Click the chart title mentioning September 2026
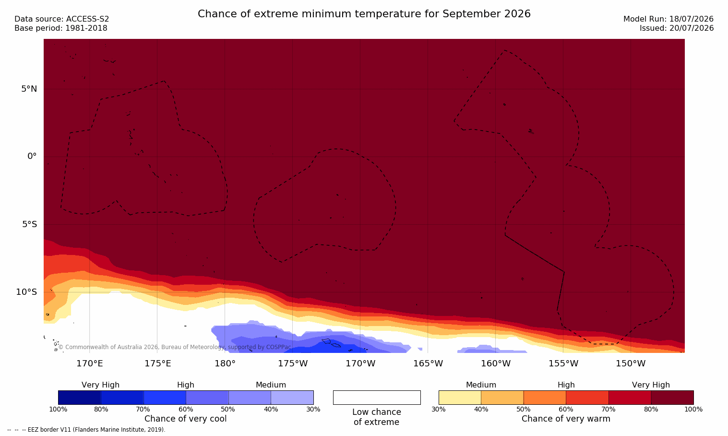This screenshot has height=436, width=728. click(x=364, y=14)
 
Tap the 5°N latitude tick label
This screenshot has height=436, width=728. click(x=29, y=89)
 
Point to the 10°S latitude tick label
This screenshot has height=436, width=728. click(x=27, y=292)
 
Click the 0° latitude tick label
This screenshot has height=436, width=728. click(x=32, y=157)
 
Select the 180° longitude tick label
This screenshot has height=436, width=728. click(x=225, y=363)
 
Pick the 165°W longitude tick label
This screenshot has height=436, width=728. click(x=428, y=363)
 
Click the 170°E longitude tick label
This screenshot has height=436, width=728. click(x=90, y=363)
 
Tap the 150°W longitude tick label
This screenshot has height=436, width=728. click(x=631, y=363)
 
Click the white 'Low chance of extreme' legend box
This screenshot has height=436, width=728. click(x=377, y=398)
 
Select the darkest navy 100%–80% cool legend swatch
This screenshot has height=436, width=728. click(x=80, y=398)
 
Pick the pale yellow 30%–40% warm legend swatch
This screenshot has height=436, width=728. click(x=460, y=398)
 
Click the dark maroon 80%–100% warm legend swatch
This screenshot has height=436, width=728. click(x=672, y=398)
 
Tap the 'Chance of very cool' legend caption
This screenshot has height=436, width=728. click(x=186, y=419)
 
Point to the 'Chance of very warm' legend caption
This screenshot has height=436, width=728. click(x=566, y=419)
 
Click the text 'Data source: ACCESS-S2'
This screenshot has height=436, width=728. click(x=62, y=19)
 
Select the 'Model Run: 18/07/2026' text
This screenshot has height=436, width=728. click(x=668, y=19)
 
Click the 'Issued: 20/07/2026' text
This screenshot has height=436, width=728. click(x=677, y=28)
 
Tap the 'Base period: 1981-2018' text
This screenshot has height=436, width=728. click(x=61, y=28)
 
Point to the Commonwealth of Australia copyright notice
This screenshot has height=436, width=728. click(x=175, y=347)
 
